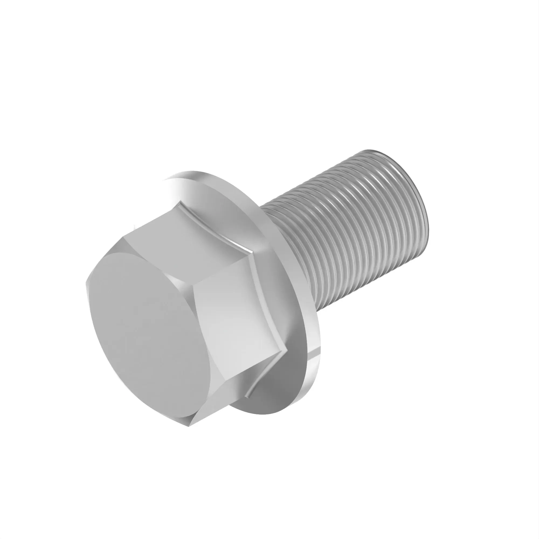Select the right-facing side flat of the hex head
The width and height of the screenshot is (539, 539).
(240, 321)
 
